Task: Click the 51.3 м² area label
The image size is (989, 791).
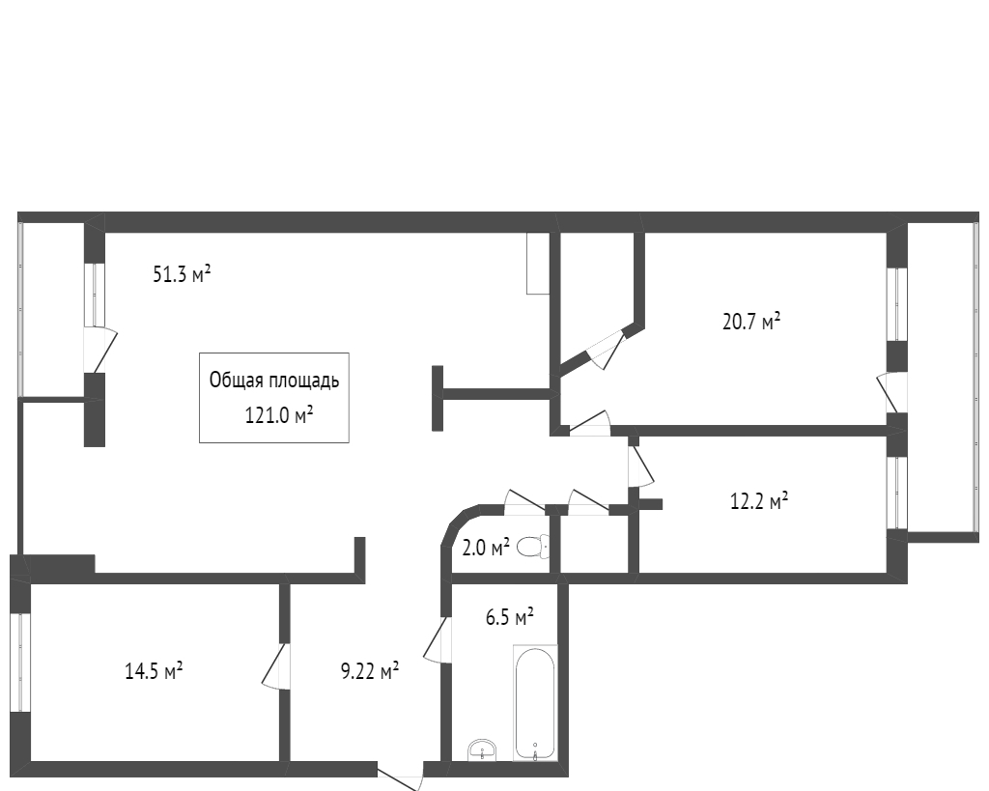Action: pos(182,275)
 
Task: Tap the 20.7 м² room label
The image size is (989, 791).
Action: pos(751,322)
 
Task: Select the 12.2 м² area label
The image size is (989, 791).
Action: pos(758,500)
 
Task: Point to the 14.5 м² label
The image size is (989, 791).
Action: pos(155,670)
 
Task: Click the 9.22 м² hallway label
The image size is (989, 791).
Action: pos(371,670)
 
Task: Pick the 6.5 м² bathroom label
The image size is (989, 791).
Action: pos(510,616)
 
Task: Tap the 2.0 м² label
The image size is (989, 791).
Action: pos(486,549)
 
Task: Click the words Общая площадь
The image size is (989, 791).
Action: pos(274,381)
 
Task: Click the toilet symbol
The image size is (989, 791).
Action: pos(532,548)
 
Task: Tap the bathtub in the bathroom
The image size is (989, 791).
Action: pos(534,702)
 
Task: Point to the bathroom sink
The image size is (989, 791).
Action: pos(481,749)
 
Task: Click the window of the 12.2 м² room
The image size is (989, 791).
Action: pos(897,493)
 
